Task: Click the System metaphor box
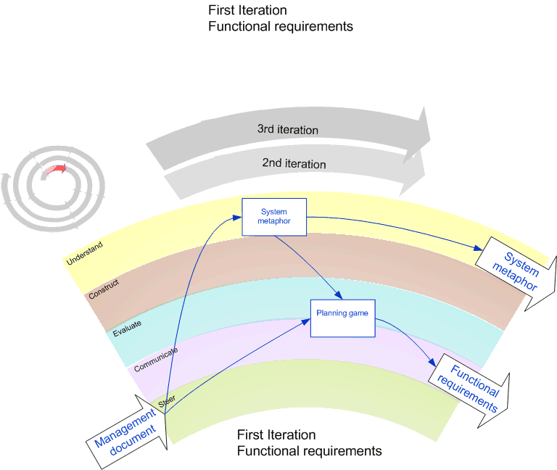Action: [274, 216]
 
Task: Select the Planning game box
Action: [343, 317]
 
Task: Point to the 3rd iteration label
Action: [287, 130]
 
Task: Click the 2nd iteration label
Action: [294, 164]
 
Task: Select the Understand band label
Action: [84, 252]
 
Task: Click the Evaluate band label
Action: [127, 328]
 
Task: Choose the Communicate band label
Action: [156, 360]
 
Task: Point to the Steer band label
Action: [167, 399]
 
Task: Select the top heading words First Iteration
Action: [247, 10]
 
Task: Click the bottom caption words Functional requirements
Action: [309, 451]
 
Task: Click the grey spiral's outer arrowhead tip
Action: [7, 175]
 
